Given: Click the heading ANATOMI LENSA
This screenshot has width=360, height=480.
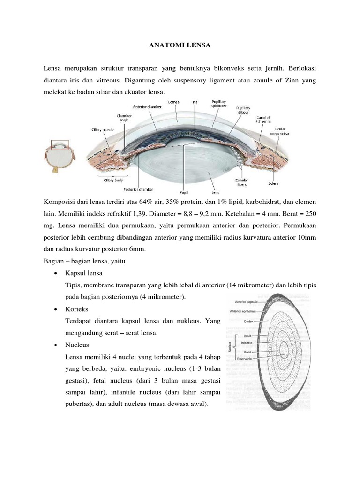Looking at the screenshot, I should click(180, 45).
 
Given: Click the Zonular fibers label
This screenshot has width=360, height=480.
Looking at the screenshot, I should click(241, 182).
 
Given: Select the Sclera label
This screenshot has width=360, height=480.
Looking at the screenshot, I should click(274, 183).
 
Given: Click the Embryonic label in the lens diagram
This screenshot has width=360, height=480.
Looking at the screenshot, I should click(244, 358).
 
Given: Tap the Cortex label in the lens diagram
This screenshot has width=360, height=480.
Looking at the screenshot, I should click(249, 321).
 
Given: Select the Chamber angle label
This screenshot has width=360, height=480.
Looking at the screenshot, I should click(124, 118).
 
